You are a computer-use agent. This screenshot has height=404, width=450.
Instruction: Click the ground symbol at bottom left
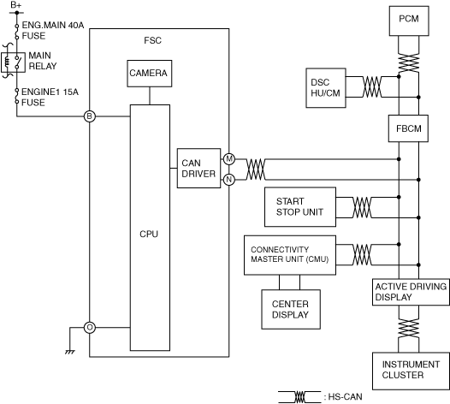click(x=70, y=352)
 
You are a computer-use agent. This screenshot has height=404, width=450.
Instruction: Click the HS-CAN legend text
click(x=345, y=397)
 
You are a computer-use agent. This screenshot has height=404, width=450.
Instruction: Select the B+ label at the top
click(x=16, y=5)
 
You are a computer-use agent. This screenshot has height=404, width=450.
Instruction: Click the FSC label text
click(x=152, y=40)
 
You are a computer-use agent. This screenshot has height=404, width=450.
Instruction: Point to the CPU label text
click(x=149, y=234)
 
